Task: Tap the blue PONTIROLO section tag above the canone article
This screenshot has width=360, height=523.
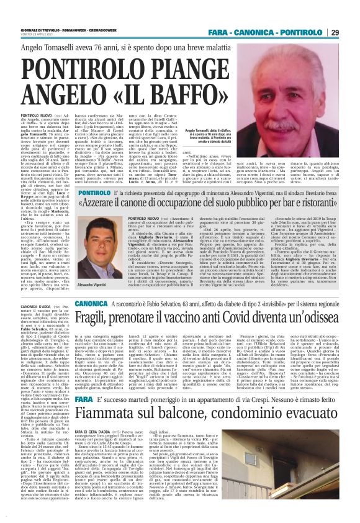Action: (x=102, y=194)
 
